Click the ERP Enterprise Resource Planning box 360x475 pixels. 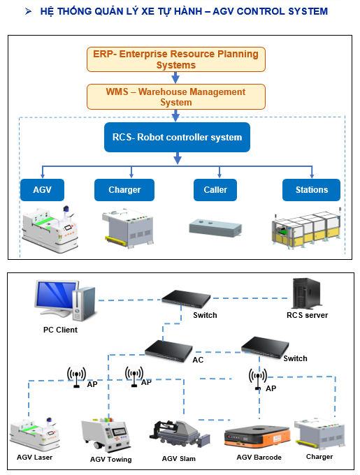[175, 59]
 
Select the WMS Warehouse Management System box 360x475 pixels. [175, 96]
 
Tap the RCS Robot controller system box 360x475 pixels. [177, 137]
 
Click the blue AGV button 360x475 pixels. [42, 190]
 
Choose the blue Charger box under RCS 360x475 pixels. [124, 190]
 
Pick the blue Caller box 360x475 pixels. [215, 190]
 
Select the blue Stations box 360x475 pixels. [311, 190]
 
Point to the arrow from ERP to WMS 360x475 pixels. [175, 78]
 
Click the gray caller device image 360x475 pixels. [215, 228]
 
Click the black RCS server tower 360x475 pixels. [306, 293]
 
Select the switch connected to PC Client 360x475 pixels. [186, 299]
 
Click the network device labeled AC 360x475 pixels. [168, 351]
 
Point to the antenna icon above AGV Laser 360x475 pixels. [76, 377]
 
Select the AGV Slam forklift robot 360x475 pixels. [180, 434]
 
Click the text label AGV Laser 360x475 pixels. [34, 457]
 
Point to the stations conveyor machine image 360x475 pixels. [306, 229]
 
